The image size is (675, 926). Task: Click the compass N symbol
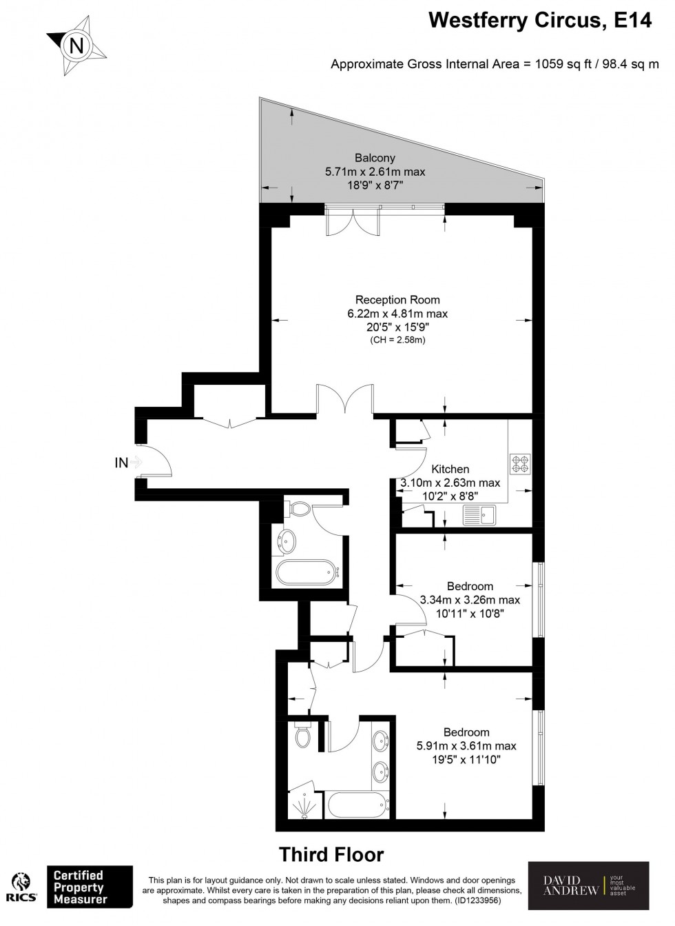pos(76,46)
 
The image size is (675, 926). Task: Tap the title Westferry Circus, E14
pos(540,20)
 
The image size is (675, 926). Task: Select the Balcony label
pos(375,157)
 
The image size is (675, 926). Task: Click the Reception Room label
pos(397,299)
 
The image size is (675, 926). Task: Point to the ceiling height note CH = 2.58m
pos(397,340)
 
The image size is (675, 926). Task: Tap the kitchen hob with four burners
pos(520,464)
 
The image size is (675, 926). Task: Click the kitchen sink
pos(481,514)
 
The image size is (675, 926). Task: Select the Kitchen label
pos(450,469)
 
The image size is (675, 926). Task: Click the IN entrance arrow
pos(136,462)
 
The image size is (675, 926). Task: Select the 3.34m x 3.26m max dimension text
pos(470,599)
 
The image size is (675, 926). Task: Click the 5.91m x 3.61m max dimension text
pos(466,745)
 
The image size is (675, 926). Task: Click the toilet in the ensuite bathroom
pos(302,734)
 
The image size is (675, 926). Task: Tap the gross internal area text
pos(495,64)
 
